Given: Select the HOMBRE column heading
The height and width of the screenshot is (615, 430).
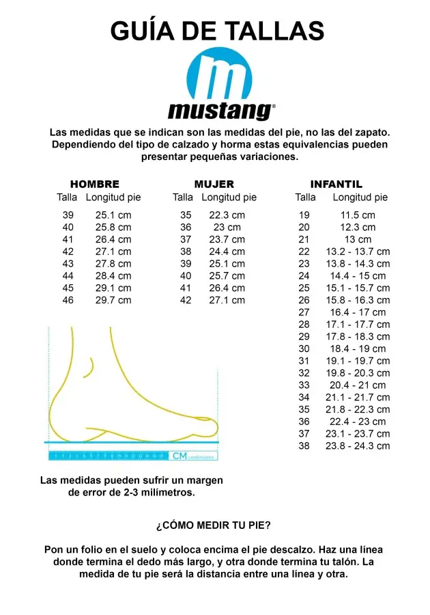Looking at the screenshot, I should tap(95, 184).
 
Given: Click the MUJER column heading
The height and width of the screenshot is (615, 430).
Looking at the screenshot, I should tap(214, 184).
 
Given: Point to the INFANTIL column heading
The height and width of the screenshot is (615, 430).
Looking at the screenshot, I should tap(336, 184).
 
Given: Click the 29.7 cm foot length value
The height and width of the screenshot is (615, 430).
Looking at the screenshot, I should tap(113, 300).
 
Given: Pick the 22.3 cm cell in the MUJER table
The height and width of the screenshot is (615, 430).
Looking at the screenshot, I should tap(227, 215).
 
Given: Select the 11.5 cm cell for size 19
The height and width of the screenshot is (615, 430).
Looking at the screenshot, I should tap(358, 215).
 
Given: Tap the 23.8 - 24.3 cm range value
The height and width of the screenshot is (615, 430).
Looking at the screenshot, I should tap(358, 446).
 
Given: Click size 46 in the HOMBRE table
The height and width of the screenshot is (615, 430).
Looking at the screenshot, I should tap(68, 300).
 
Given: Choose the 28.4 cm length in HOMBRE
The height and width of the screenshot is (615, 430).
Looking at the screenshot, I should tap(113, 275).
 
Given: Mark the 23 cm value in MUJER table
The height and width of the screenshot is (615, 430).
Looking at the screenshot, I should tap(227, 228).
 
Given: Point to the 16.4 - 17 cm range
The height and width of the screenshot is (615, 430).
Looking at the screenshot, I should tap(358, 312).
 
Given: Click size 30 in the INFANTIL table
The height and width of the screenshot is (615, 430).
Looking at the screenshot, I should tap(304, 348).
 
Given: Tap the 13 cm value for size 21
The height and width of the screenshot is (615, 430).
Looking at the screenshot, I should tap(358, 239).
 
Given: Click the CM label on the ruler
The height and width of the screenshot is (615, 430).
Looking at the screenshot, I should tap(180, 456).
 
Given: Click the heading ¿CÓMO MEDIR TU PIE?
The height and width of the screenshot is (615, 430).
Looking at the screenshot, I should tap(214, 525).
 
